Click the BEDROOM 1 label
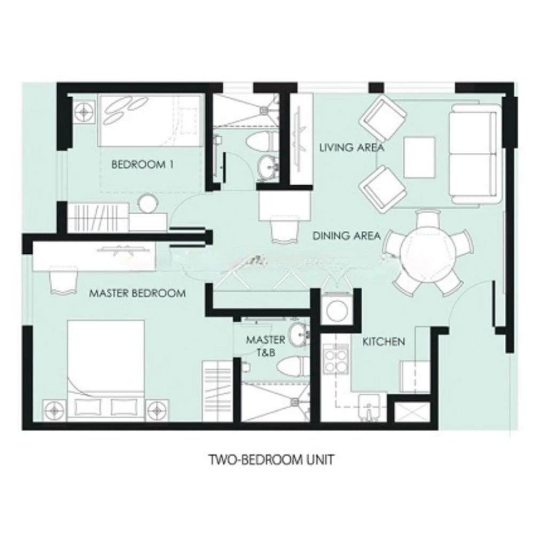[142, 165]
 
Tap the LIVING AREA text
[351, 147]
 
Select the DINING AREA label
[346, 236]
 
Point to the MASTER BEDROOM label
[137, 293]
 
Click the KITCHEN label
[384, 341]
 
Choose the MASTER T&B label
[266, 346]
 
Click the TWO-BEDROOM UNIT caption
[271, 459]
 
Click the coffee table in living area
[420, 157]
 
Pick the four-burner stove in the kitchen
[335, 359]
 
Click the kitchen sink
[370, 407]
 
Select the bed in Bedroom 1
[151, 120]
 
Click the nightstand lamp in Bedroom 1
[84, 112]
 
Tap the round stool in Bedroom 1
[147, 203]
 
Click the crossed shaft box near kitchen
[412, 413]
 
